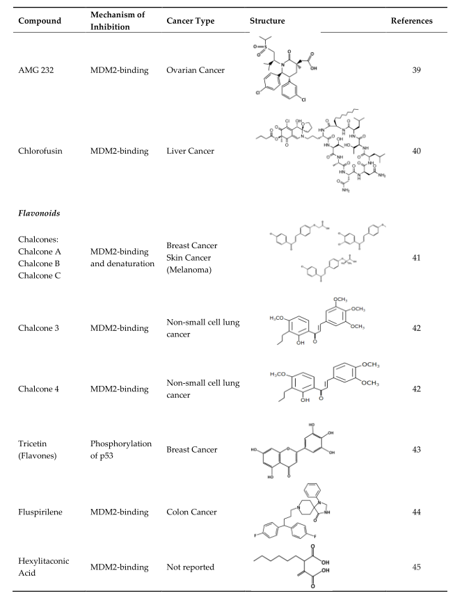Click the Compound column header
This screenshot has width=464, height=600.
pyautogui.click(x=49, y=21)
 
